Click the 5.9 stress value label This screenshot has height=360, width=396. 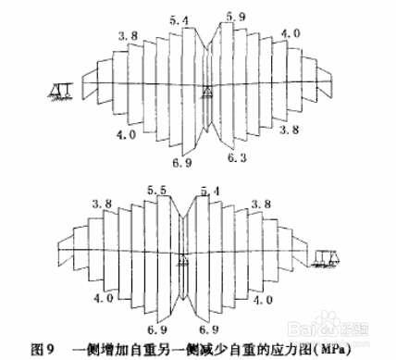236,16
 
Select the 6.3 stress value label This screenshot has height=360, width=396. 239,160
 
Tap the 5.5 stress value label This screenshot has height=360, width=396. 156,191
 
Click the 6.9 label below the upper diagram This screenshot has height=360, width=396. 181,163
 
